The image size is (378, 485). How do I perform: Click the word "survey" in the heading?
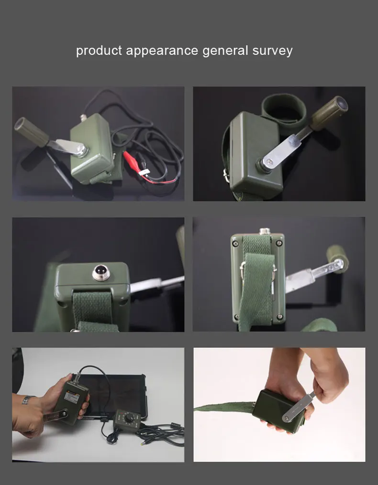coord(272,51)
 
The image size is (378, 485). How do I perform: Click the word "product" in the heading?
coord(99,51)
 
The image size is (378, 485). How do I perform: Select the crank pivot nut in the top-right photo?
coord(266,163)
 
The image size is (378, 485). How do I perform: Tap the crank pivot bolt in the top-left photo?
coord(81,150)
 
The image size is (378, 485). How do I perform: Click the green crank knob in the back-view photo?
coord(337,256)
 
